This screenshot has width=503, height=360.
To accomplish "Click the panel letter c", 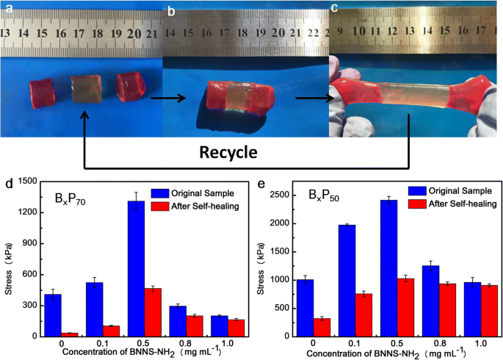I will coord(335,9).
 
